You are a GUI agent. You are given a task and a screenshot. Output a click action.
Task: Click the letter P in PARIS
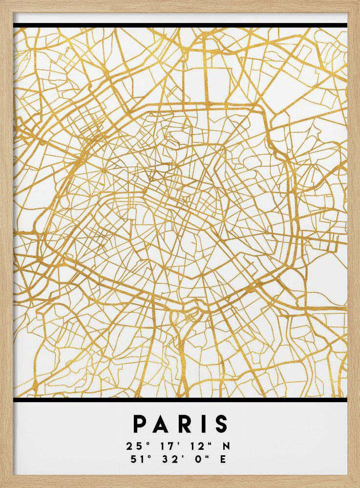coord(141,424)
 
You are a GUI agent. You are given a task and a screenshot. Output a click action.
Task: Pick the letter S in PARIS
coord(220,424)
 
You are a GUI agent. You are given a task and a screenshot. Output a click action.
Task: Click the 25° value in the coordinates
coord(133,446)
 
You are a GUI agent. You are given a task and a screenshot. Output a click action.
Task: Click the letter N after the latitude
coord(226,446)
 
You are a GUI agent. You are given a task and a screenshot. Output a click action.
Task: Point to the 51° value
coord(133,459)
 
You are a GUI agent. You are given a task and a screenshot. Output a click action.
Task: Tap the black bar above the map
coord(180,25)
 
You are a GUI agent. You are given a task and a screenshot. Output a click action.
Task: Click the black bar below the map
coord(180,400)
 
